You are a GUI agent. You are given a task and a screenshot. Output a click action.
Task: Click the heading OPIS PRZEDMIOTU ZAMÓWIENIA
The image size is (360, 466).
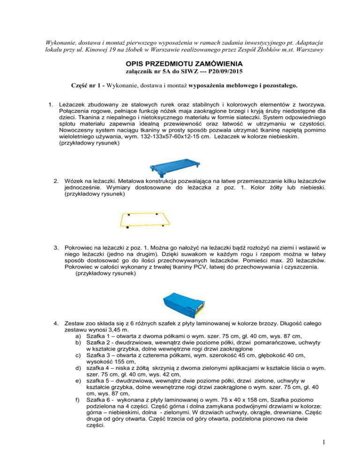pos(180,64)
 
